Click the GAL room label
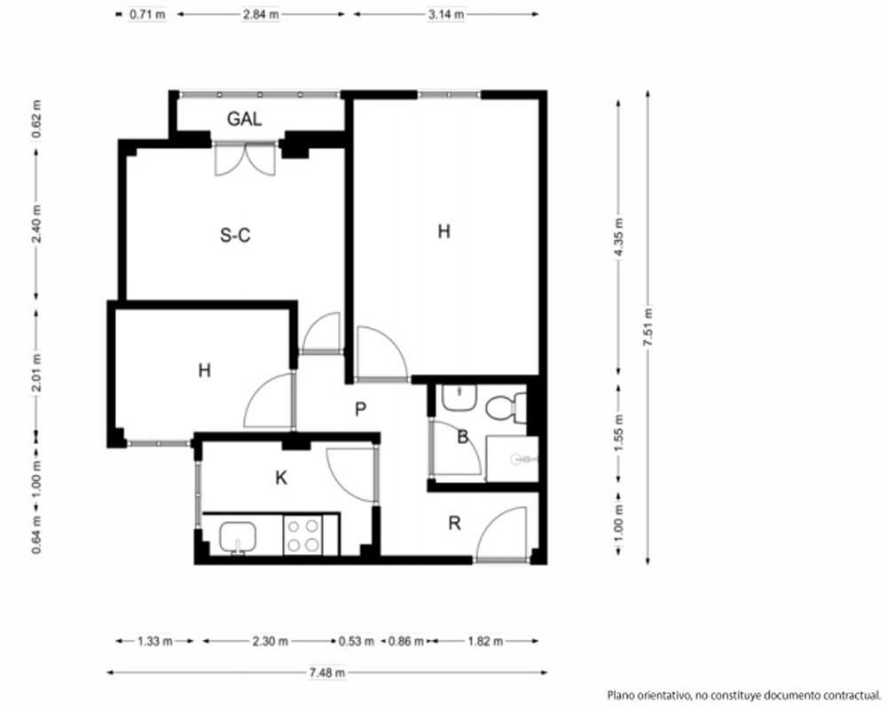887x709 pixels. click(x=245, y=119)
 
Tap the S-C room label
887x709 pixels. click(x=235, y=235)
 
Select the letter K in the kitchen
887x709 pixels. click(x=281, y=479)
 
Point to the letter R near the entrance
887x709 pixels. click(x=454, y=524)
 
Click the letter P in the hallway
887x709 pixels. click(x=360, y=409)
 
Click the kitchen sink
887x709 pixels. click(x=238, y=536)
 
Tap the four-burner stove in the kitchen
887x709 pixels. click(x=302, y=535)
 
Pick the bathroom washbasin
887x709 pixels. click(x=459, y=397)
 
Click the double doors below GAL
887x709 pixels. click(x=245, y=159)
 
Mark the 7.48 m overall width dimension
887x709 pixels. click(x=327, y=673)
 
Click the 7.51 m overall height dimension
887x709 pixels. click(x=648, y=328)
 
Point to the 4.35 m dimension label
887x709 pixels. click(x=618, y=238)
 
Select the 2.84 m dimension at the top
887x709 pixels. click(x=261, y=15)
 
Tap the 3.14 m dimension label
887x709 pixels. click(x=446, y=15)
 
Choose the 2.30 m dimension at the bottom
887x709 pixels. click(x=270, y=641)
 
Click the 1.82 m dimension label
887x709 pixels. click(x=485, y=641)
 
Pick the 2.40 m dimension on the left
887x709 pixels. click(x=36, y=224)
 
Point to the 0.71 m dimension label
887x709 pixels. click(x=147, y=15)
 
